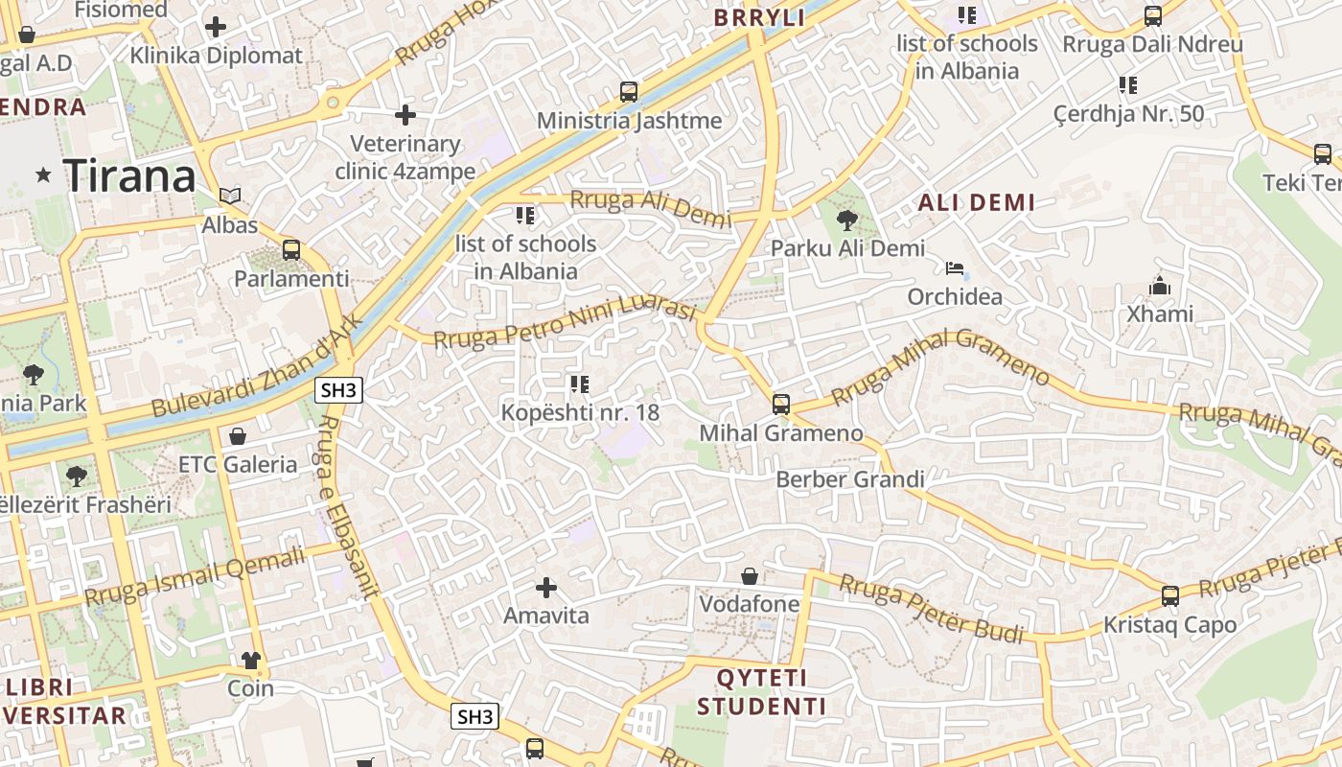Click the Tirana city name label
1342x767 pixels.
click(129, 176)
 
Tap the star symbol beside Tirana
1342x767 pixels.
click(43, 175)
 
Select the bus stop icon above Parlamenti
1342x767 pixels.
click(291, 250)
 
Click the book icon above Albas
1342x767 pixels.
click(229, 196)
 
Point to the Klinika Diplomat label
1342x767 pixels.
click(216, 56)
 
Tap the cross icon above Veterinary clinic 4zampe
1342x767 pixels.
click(405, 115)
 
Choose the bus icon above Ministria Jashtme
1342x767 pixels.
click(629, 92)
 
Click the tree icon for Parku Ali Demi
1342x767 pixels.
click(846, 221)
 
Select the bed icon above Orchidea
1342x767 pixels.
click(954, 268)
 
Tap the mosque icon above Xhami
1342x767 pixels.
click(1160, 286)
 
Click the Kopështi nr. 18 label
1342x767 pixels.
click(581, 412)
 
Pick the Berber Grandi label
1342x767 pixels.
click(850, 479)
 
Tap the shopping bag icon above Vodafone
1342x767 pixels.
click(750, 576)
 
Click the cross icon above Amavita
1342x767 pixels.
click(546, 587)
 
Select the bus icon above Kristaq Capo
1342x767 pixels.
click(1169, 596)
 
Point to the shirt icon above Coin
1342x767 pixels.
click(250, 661)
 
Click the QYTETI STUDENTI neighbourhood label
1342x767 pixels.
click(761, 692)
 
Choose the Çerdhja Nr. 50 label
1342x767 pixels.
click(1128, 114)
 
